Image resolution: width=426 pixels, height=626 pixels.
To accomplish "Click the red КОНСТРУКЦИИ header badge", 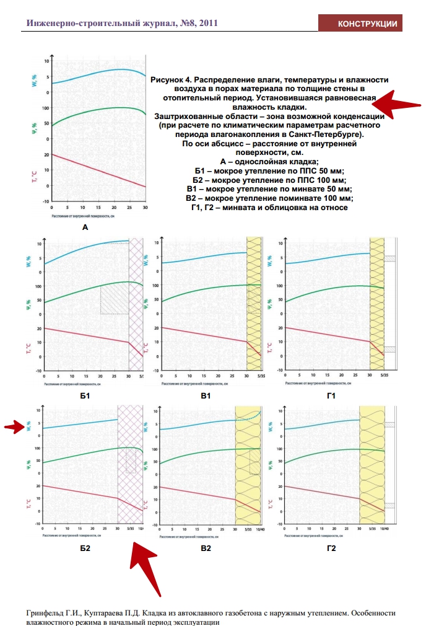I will click(367, 24).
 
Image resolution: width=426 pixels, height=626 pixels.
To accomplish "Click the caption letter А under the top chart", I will click(85, 227).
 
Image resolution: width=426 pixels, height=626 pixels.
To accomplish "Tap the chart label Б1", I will click(85, 395).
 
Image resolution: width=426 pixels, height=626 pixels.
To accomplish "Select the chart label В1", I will click(206, 395).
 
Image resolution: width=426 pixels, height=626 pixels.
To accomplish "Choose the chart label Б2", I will click(85, 549).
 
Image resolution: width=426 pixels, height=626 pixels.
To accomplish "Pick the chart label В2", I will click(206, 549).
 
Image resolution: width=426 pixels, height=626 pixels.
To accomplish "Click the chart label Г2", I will click(331, 549).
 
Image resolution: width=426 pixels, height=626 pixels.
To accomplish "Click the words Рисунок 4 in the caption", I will click(172, 80).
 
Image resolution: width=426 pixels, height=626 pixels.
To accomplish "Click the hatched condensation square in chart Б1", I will click(114, 299).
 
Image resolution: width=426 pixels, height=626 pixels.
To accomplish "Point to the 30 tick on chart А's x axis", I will click(145, 208).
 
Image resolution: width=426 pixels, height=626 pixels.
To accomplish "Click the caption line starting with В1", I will click(269, 188).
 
